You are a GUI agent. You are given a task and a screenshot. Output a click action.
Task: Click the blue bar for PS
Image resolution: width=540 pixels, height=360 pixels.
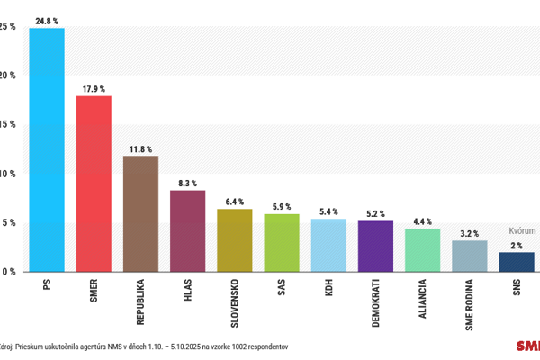47,149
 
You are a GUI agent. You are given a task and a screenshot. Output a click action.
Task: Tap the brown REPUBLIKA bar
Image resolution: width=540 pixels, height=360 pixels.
140,213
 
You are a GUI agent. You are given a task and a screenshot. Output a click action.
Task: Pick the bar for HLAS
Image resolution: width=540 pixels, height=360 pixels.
187,230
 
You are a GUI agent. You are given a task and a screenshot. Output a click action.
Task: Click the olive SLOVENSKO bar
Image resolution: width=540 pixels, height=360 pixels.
235,240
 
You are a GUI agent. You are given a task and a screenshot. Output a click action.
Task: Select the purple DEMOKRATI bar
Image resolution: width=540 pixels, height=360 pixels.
375,246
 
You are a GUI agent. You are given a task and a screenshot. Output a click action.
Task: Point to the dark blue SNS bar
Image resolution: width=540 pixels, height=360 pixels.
517,261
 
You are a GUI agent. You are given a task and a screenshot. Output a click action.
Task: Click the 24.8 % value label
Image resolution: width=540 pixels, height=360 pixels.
47,19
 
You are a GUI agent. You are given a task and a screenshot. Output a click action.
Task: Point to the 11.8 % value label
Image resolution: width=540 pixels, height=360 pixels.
140,148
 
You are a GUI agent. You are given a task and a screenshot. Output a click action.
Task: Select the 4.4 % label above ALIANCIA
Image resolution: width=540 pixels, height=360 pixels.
423,220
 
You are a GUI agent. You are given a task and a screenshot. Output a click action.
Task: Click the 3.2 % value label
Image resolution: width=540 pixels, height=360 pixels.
470,232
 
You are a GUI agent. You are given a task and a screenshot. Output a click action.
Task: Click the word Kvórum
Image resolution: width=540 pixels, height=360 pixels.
522,230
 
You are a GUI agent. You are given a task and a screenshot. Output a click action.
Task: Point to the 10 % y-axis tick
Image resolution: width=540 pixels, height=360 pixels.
6,174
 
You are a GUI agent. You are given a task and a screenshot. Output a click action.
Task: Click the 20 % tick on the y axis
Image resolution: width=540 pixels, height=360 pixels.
6,76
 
